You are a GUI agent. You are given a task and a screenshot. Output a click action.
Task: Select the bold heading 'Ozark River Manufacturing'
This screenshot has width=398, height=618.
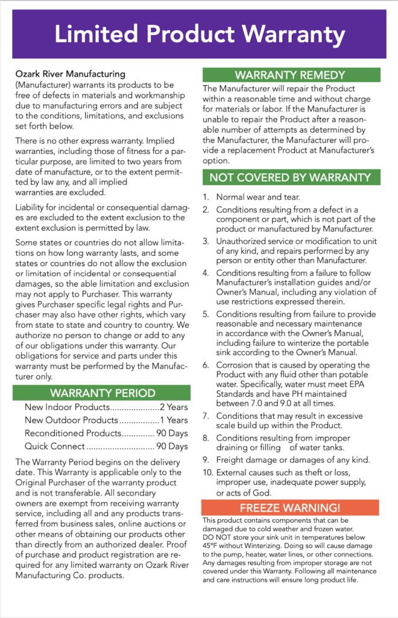[71, 74]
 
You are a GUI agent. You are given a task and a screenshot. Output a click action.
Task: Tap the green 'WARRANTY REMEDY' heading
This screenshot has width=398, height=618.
[291, 75]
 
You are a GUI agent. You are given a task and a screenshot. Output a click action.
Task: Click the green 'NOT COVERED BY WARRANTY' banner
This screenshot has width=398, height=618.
[291, 177]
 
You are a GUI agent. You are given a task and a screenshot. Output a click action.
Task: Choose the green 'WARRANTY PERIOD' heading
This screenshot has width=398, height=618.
[102, 393]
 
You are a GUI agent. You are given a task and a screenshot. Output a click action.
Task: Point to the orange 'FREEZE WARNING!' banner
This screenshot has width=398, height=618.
[291, 508]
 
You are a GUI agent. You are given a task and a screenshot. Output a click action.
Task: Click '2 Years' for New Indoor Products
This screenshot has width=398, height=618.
[174, 407]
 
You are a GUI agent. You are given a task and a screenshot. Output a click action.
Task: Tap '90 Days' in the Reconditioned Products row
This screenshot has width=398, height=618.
[172, 433]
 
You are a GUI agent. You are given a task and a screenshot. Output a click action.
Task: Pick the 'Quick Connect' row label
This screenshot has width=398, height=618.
[54, 447]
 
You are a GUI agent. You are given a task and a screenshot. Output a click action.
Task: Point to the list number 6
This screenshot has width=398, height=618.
[205, 365]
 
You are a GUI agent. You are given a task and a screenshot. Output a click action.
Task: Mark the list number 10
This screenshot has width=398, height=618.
[207, 472]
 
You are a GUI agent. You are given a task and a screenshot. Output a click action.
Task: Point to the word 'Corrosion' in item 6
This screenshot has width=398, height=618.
[236, 365]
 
